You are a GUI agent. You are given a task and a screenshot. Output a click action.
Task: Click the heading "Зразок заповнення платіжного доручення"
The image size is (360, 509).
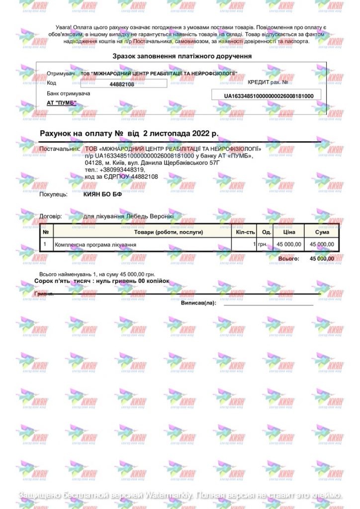(182, 56)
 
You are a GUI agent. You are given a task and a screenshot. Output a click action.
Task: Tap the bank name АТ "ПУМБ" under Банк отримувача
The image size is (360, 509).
(62, 103)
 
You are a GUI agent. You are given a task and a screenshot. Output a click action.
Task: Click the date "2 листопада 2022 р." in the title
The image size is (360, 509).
(180, 134)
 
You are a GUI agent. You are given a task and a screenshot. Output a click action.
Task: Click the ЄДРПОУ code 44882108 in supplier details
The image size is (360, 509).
(142, 176)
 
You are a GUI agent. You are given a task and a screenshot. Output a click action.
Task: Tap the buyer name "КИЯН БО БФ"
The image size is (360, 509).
(103, 194)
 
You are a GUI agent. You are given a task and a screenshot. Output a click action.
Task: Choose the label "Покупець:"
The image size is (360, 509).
(53, 194)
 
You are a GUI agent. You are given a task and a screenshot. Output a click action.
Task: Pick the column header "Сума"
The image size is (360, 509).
(322, 232)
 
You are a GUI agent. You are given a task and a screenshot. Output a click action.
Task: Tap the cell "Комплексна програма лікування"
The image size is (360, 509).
(95, 245)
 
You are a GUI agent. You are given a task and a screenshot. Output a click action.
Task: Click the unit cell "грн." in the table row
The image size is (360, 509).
(263, 245)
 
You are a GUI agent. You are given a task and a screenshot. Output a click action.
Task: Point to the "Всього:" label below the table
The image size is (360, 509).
(288, 258)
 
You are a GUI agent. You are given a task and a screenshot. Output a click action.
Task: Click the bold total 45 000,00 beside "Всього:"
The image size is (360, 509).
(322, 258)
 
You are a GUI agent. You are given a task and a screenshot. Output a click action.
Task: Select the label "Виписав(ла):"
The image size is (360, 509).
(198, 302)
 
